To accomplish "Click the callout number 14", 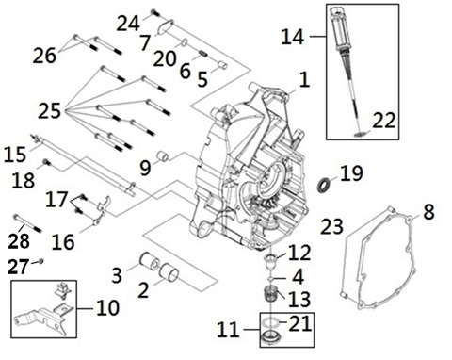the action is (293, 37).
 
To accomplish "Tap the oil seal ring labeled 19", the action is (324, 185).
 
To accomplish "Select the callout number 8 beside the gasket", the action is (428, 211).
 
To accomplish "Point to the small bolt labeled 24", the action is (154, 13).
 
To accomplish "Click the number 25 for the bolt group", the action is (49, 110).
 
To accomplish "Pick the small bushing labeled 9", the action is (164, 156).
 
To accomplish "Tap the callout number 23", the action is (331, 226).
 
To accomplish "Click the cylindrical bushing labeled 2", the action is (169, 271).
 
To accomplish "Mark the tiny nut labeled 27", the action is (40, 261).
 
